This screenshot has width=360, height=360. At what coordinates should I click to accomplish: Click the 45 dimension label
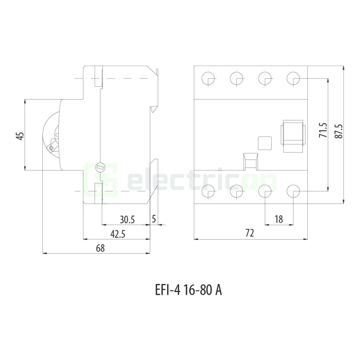pos(20,136)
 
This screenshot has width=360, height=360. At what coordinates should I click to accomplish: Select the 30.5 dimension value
pos(128,219)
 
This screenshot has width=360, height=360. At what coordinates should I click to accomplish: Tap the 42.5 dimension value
pos(118,234)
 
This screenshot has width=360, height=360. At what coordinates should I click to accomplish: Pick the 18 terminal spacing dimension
pos(279,219)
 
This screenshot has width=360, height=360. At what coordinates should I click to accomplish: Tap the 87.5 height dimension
pos(339,130)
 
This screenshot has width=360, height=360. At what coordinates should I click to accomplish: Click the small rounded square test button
pos(264,142)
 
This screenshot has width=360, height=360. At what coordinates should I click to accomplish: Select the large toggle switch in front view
pos(294,136)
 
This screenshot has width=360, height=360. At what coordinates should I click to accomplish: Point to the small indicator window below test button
pos(250,162)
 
